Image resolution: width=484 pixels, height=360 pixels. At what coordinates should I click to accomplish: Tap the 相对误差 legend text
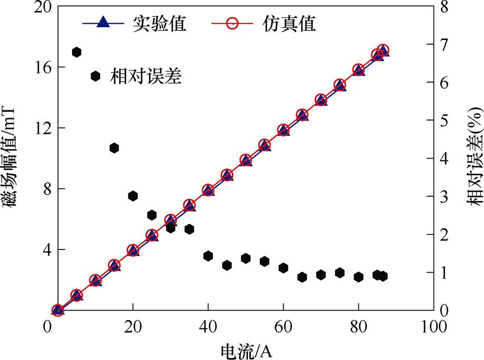[x=146, y=77]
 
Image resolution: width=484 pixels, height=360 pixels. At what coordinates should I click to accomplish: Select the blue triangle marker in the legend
[x=104, y=23]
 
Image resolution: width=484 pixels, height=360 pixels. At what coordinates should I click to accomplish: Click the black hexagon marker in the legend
[x=95, y=76]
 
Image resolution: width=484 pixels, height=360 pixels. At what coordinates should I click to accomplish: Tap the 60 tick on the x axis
[x=283, y=327]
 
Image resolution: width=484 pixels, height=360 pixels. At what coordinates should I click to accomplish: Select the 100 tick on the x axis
[x=433, y=327]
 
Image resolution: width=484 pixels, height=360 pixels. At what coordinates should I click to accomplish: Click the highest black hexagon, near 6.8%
[x=76, y=52]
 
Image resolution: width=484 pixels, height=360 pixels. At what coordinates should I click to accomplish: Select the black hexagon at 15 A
[x=114, y=148]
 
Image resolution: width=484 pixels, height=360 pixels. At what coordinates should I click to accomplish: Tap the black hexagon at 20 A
[x=133, y=196]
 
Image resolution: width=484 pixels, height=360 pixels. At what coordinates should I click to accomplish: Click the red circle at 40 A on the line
[x=208, y=190]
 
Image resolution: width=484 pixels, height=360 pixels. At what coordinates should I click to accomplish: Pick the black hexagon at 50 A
[x=246, y=258]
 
